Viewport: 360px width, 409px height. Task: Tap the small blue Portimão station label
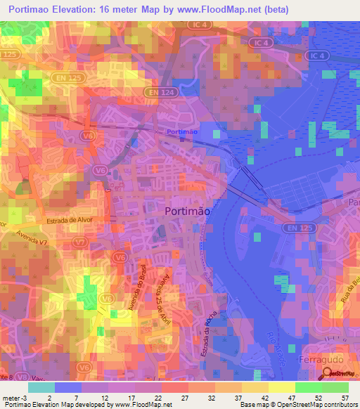tap(182, 132)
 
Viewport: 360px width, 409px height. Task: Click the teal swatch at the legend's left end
tap(41, 387)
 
